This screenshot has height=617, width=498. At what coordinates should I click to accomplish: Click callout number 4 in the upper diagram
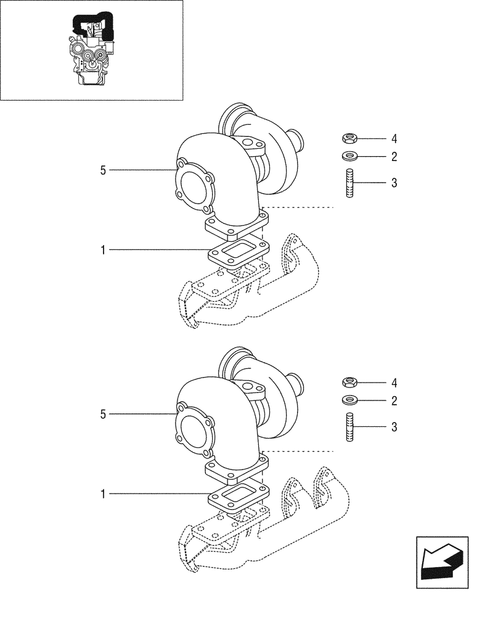[393, 138]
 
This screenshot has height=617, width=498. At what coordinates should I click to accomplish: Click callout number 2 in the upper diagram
[393, 157]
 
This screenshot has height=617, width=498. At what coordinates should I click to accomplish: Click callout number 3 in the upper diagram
[393, 183]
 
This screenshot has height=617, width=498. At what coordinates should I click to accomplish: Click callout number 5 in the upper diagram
[103, 170]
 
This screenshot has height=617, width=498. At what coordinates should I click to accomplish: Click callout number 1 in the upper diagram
[103, 250]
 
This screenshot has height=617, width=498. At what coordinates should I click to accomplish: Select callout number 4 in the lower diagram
[393, 383]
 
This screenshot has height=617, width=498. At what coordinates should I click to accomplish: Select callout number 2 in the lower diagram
[393, 401]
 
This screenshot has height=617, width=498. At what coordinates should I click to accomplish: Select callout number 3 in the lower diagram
[393, 427]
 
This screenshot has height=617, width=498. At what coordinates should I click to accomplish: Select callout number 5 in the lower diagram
[103, 414]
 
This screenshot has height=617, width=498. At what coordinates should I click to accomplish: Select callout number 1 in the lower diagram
[103, 494]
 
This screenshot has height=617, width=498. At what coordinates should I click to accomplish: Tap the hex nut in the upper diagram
[348, 138]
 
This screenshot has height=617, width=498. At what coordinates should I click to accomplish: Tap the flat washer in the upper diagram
[348, 156]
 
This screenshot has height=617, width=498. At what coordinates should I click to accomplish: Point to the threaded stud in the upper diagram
[348, 183]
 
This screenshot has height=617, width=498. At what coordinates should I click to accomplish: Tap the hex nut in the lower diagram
[348, 383]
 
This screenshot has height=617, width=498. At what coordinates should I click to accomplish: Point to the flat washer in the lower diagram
[348, 400]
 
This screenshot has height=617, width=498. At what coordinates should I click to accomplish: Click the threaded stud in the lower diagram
[348, 427]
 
